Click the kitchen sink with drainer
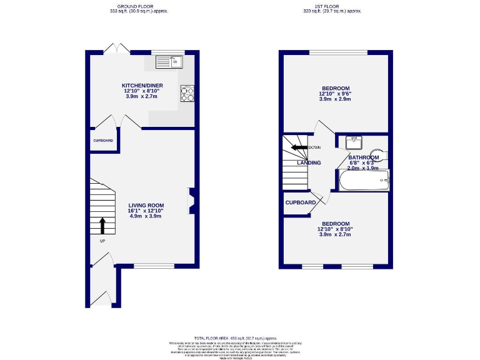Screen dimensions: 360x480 [169, 61]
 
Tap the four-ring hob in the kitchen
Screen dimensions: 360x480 [187, 92]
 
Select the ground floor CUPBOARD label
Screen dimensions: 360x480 [103, 141]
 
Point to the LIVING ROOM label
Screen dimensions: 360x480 [146, 205]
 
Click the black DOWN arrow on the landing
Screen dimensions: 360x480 [299, 147]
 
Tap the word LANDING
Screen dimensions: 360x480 [309, 162]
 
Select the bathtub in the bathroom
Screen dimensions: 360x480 [363, 181]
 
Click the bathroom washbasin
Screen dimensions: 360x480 [354, 141]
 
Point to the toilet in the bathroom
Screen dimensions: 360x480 [377, 154]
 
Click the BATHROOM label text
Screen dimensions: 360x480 [364, 157]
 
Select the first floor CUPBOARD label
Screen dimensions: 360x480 [301, 202]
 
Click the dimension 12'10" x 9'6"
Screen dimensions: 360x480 [336, 94]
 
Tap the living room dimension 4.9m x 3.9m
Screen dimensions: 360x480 [146, 216]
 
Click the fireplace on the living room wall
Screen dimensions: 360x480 [192, 201]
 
